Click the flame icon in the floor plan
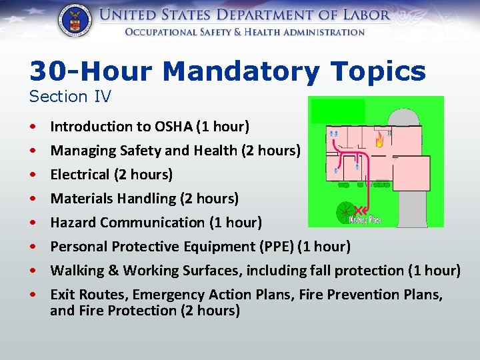point(379,139)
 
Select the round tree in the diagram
point(345,212)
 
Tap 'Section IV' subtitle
point(70,97)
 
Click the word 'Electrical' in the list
point(79,175)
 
